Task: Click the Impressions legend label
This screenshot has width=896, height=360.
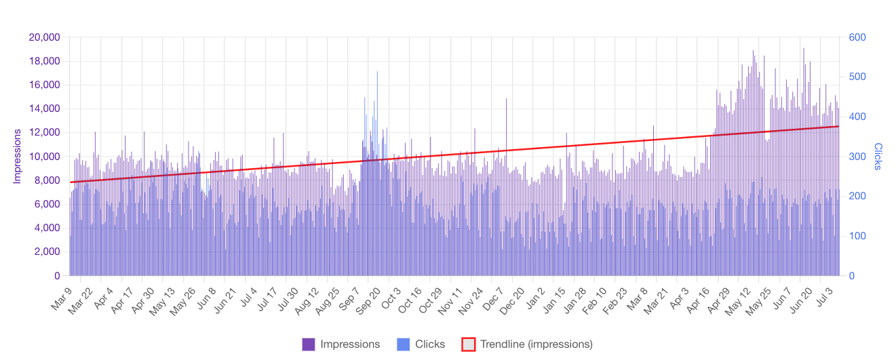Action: click(350, 344)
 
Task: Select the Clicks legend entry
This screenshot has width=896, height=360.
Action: click(430, 344)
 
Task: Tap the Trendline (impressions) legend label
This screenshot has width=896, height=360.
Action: click(537, 344)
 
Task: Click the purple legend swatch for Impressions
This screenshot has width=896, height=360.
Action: click(309, 344)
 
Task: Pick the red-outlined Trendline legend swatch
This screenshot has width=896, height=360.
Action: click(468, 344)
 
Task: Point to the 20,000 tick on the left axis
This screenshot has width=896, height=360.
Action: click(45, 37)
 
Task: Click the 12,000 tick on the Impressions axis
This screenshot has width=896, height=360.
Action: click(45, 133)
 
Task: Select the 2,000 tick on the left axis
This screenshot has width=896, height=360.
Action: click(47, 252)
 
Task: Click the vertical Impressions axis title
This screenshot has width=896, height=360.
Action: click(18, 157)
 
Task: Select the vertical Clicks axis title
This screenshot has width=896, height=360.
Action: click(878, 157)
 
